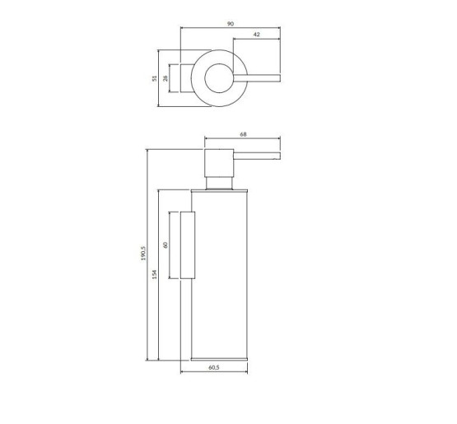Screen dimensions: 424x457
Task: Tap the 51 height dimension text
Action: click(x=153, y=78)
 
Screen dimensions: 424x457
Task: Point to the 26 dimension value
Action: click(x=166, y=78)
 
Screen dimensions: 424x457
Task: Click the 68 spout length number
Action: click(x=244, y=133)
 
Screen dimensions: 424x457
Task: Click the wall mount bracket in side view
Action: click(x=186, y=245)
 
